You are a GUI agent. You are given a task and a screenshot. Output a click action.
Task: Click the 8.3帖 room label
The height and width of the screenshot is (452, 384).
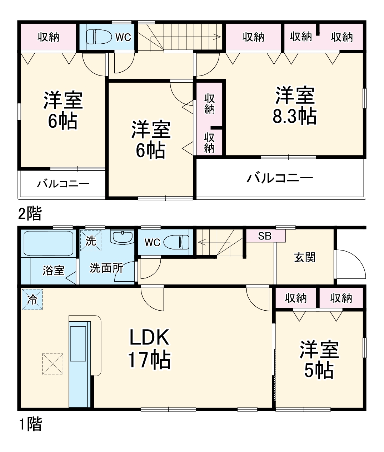coord(295,106)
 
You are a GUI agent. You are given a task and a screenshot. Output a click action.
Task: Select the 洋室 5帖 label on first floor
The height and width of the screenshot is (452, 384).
coord(319,360)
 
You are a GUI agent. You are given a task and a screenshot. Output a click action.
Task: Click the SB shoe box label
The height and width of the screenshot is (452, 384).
coord(265,236)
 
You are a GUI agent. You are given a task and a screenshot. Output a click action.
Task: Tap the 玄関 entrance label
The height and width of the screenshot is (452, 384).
coord(305,257)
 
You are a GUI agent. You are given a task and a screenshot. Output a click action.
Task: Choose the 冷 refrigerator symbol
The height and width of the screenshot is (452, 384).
coord(32,299)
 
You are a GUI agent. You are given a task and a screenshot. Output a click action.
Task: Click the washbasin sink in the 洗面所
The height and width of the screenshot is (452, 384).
coord(123,237)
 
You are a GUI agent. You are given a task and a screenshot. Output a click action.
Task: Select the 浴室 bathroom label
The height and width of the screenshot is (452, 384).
coord(54,271)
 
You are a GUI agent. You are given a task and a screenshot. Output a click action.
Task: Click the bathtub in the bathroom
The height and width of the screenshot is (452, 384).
coord(48,243)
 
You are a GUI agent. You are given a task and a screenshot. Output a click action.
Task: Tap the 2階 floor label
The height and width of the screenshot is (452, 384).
coord(30,214)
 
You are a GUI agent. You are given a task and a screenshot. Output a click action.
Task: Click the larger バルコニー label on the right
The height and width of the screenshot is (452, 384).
coord(280,178)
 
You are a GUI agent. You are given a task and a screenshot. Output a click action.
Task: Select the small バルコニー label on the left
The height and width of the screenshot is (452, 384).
coord(63,184)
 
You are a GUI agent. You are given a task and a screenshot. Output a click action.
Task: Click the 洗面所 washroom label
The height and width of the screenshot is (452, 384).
coord(106,268)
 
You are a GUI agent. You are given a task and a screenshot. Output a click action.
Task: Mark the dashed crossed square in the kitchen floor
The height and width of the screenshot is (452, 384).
coord(53,364)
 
